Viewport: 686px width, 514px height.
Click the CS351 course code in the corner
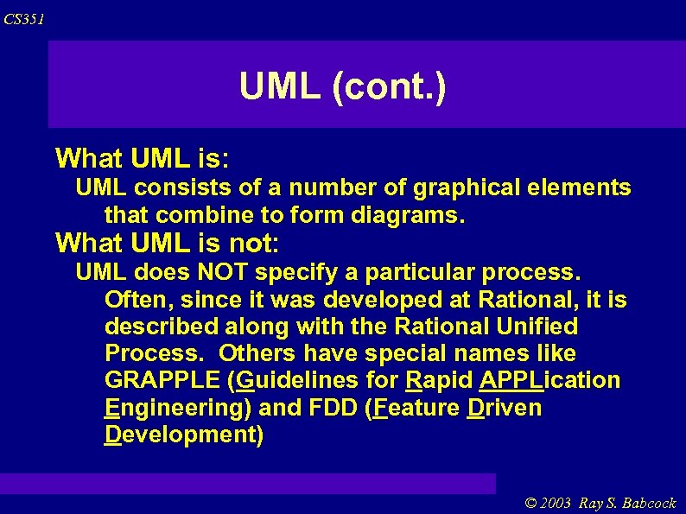click(24, 19)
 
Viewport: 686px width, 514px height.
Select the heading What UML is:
click(142, 158)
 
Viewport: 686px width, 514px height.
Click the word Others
click(257, 353)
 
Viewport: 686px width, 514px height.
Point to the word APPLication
click(549, 380)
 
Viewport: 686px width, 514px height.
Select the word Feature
click(416, 407)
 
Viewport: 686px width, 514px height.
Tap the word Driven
click(504, 407)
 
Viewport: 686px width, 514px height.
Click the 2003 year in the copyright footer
click(557, 504)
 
